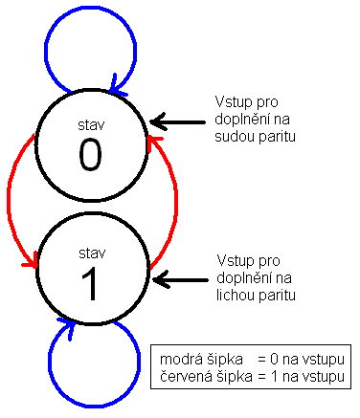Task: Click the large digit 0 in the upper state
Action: click(x=90, y=155)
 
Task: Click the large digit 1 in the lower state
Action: click(x=90, y=284)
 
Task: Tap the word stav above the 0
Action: click(x=91, y=125)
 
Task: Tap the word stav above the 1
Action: click(x=92, y=253)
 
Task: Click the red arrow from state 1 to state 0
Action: click(x=175, y=198)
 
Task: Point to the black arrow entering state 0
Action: click(x=177, y=121)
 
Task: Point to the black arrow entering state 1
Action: click(x=180, y=280)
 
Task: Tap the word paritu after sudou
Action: click(x=277, y=137)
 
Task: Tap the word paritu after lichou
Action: click(x=277, y=296)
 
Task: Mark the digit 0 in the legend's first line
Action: click(x=274, y=360)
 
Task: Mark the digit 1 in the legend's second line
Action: click(x=274, y=377)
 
